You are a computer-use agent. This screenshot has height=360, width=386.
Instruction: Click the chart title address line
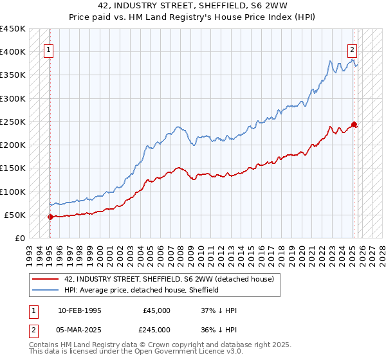[193, 6]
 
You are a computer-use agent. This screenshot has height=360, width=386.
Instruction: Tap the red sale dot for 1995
[50, 217]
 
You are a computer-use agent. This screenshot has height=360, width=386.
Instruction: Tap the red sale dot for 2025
[354, 124]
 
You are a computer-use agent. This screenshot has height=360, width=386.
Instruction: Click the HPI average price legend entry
[142, 290]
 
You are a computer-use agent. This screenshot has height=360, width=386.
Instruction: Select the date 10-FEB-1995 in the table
[79, 310]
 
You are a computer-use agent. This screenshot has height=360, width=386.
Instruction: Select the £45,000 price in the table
[156, 310]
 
